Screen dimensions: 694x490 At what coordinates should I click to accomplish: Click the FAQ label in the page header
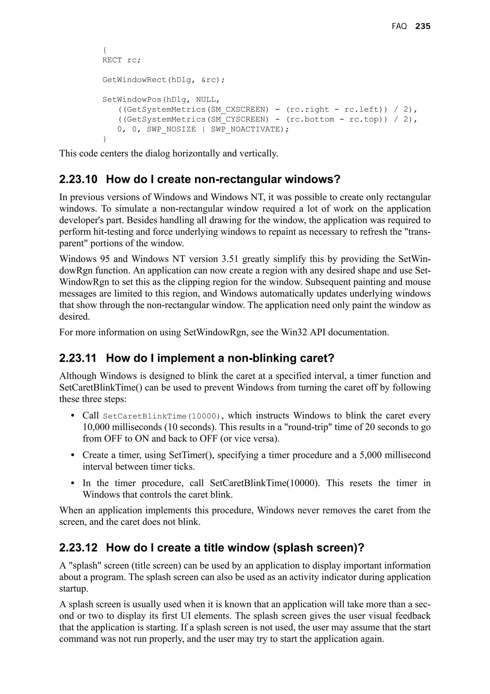[399, 27]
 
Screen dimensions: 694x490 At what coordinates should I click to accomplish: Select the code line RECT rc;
[121, 60]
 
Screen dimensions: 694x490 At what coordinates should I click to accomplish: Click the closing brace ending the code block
[105, 139]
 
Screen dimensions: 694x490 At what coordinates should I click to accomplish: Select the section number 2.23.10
[78, 180]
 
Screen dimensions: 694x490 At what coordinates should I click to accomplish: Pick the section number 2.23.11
[78, 358]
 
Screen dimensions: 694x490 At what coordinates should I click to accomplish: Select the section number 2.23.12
[78, 548]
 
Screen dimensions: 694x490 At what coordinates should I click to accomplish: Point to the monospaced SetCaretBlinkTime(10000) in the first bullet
[162, 416]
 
